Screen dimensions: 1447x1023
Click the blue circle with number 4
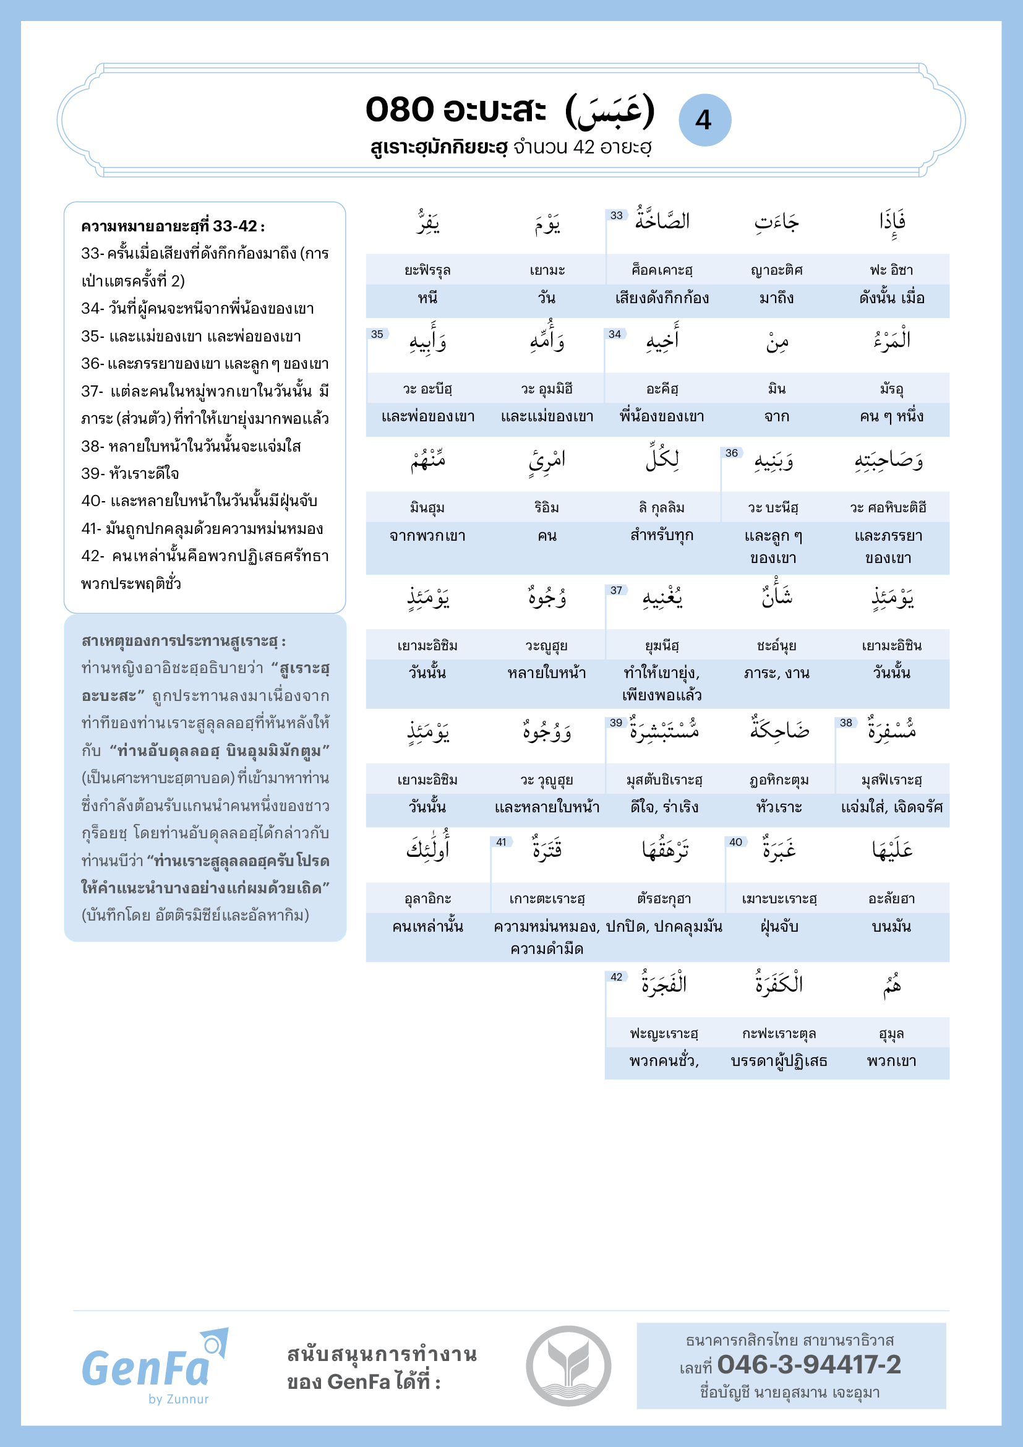pyautogui.click(x=704, y=120)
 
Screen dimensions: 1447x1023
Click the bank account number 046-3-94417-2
pyautogui.click(x=809, y=1365)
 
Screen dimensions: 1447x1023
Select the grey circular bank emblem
pyautogui.click(x=568, y=1366)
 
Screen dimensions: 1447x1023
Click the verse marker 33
pyautogui.click(x=616, y=215)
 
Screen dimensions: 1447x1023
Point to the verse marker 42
pyautogui.click(x=616, y=977)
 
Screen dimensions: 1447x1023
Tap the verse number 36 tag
pyautogui.click(x=731, y=453)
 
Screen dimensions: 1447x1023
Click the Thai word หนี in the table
pyautogui.click(x=428, y=298)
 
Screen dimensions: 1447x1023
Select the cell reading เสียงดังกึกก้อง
pyautogui.click(x=662, y=298)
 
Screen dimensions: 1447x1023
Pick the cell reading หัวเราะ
pyautogui.click(x=779, y=807)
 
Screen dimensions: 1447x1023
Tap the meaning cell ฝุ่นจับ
pyautogui.click(x=779, y=927)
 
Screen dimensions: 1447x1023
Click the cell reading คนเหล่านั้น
pyautogui.click(x=428, y=927)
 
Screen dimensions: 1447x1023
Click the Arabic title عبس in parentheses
pyautogui.click(x=610, y=111)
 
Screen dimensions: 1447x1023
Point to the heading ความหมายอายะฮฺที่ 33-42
pyautogui.click(x=173, y=226)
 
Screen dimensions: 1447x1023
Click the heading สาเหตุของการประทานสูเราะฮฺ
pyautogui.click(x=183, y=641)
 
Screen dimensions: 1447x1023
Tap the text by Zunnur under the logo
pyautogui.click(x=178, y=1399)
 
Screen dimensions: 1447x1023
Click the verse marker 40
pyautogui.click(x=735, y=842)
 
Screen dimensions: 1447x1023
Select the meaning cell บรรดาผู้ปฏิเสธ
pyautogui.click(x=779, y=1062)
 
